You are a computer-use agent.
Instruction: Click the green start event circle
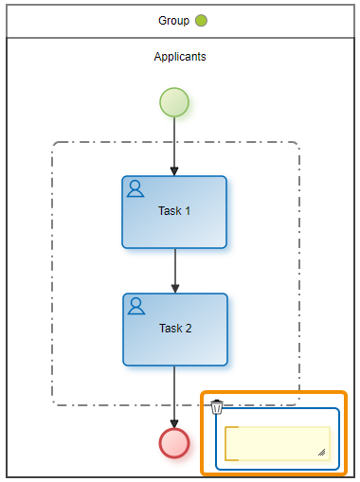coord(174,102)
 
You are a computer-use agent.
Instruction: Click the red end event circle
coord(174,443)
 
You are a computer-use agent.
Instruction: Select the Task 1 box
coord(174,212)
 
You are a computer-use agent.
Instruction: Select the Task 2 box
coord(175,330)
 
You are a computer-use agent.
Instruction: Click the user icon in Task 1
coord(135,188)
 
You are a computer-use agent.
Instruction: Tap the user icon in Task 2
coord(136,306)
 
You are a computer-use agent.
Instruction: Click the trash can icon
coord(217,407)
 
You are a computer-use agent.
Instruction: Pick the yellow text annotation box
coord(278,443)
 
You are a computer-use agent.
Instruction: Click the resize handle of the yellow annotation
coord(322,453)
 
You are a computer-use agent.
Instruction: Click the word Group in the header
coord(173,21)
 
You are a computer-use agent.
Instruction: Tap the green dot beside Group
coord(201,21)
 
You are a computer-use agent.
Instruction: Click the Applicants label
coord(180,57)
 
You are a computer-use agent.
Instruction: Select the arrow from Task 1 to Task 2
coord(175,271)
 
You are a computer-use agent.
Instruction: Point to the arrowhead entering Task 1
coord(174,171)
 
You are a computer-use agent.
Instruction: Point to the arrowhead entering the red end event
coord(174,424)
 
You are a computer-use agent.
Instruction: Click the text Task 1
coord(174,211)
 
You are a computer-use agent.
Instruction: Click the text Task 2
coord(175,329)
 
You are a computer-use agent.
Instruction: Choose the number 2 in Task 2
coord(189,329)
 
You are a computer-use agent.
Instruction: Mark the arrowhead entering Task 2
coord(175,289)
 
